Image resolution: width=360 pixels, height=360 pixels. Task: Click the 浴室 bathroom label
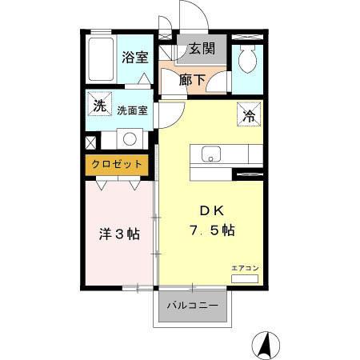click(134, 57)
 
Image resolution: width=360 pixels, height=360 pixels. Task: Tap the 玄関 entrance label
click(202, 50)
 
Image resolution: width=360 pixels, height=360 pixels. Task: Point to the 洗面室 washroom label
click(132, 110)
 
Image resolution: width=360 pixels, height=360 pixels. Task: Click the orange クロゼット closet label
click(117, 164)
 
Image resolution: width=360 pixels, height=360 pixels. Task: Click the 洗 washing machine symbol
click(98, 106)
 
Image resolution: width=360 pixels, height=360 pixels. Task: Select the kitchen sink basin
click(211, 154)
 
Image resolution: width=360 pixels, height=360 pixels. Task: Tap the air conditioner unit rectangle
click(245, 279)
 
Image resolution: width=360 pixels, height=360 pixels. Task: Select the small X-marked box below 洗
click(90, 143)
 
